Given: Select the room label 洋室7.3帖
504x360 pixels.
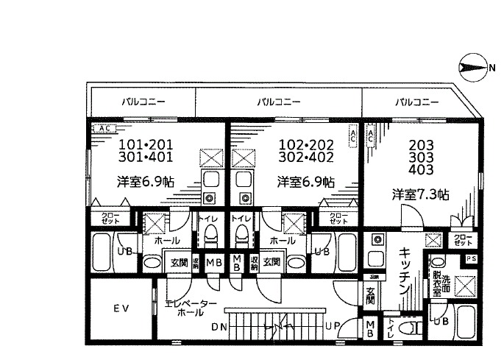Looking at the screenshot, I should tap(420, 194).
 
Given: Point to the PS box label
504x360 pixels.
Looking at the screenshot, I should tap(471, 258).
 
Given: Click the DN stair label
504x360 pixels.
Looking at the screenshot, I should tap(218, 326).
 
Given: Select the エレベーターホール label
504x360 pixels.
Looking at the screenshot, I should tap(191, 308).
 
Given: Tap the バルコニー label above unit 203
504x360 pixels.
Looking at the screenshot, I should tap(416, 102).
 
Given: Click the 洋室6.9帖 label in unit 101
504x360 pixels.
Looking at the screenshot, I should tap(145, 180).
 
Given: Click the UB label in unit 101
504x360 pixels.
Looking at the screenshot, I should tap(126, 251).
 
